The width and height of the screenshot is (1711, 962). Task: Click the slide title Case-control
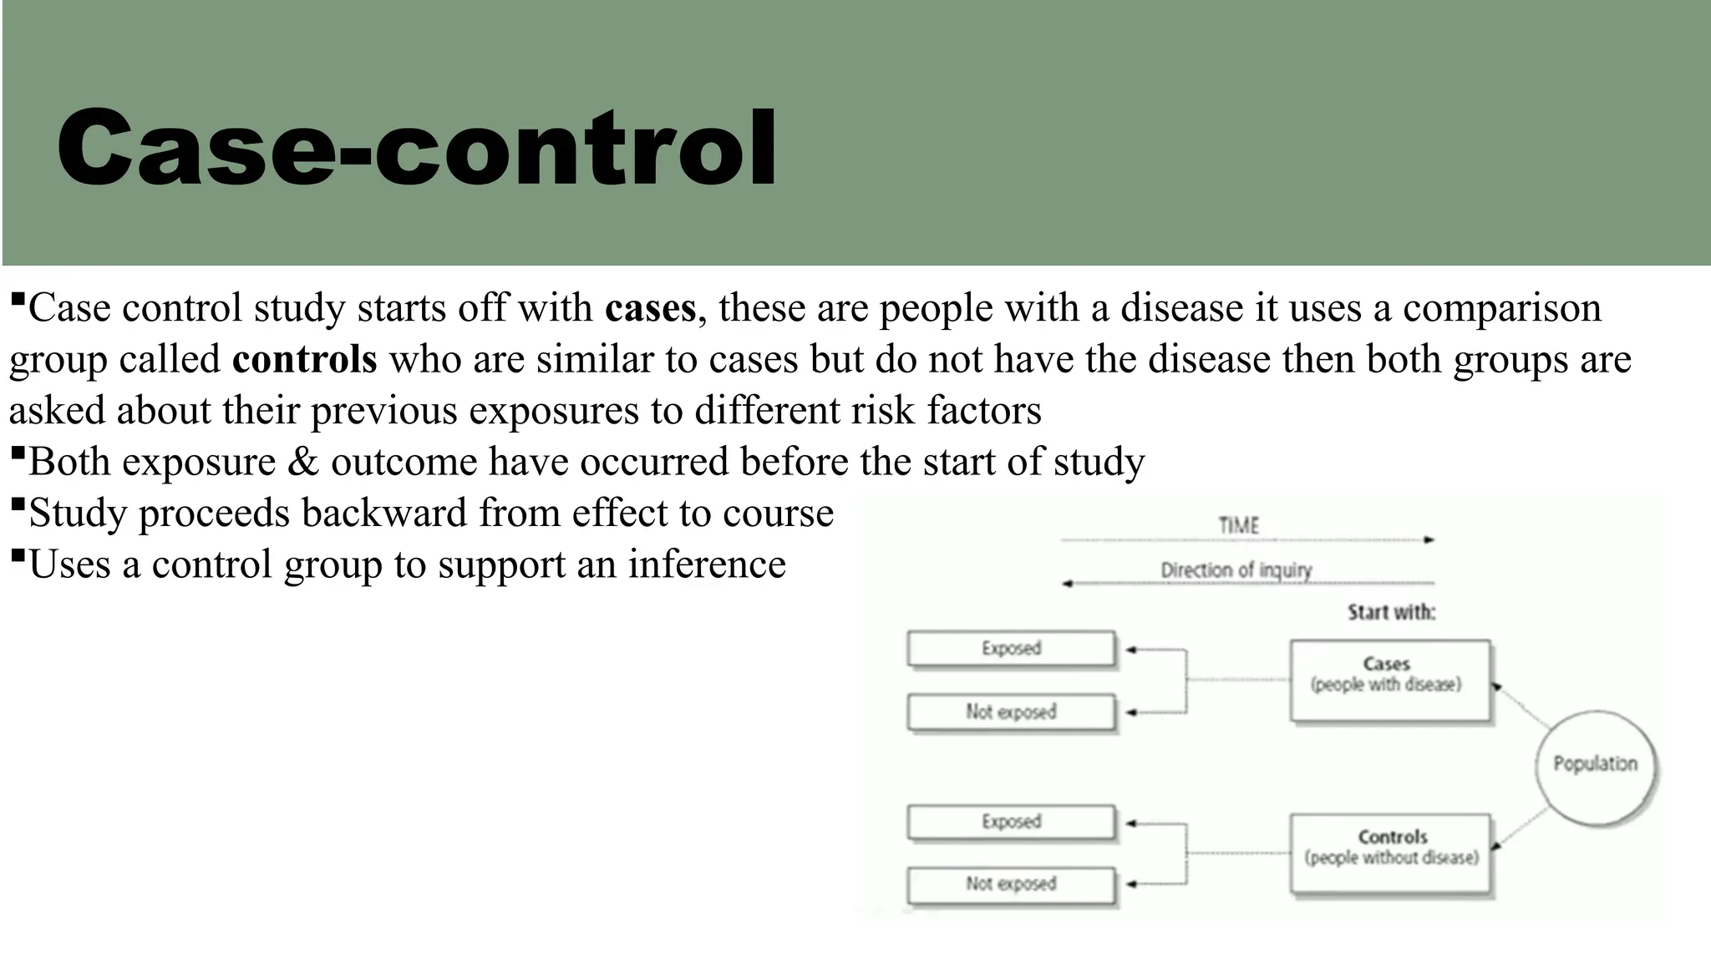point(416,149)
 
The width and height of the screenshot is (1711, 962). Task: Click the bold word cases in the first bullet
point(650,308)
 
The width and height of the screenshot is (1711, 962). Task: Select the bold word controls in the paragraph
point(304,360)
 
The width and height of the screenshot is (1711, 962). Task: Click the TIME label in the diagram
point(1238,525)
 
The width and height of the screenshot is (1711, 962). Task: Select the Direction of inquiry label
point(1236,570)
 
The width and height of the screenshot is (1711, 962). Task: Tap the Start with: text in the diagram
point(1391,612)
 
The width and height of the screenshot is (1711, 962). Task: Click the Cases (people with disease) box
point(1389,680)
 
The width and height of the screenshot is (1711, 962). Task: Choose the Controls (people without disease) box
point(1391,853)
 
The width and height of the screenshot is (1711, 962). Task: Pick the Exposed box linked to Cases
point(1011,649)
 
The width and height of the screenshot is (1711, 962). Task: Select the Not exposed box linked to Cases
point(1011,712)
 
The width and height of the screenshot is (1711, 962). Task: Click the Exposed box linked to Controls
point(1011,822)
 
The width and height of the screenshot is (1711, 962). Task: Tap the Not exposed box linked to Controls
point(1011,884)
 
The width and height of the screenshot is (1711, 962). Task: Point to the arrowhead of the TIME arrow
point(1429,540)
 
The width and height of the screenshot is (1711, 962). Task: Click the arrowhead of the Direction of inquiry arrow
point(1067,584)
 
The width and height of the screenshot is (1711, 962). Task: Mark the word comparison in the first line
point(1501,308)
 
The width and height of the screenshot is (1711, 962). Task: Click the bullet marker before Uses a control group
point(18,554)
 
